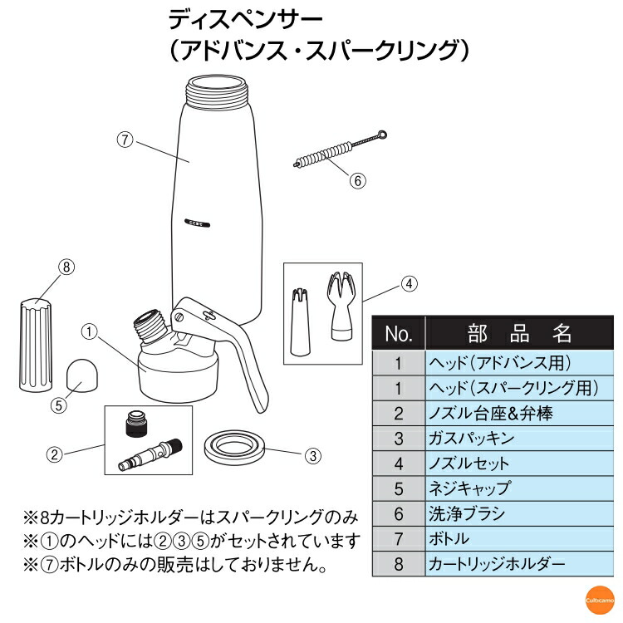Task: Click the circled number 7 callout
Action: tap(125, 140)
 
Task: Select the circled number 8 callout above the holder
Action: tap(66, 267)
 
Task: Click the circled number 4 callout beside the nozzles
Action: tap(409, 283)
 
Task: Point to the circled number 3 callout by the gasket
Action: tap(312, 455)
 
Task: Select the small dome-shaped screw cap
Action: tap(81, 375)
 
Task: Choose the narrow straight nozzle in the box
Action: tap(302, 319)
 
